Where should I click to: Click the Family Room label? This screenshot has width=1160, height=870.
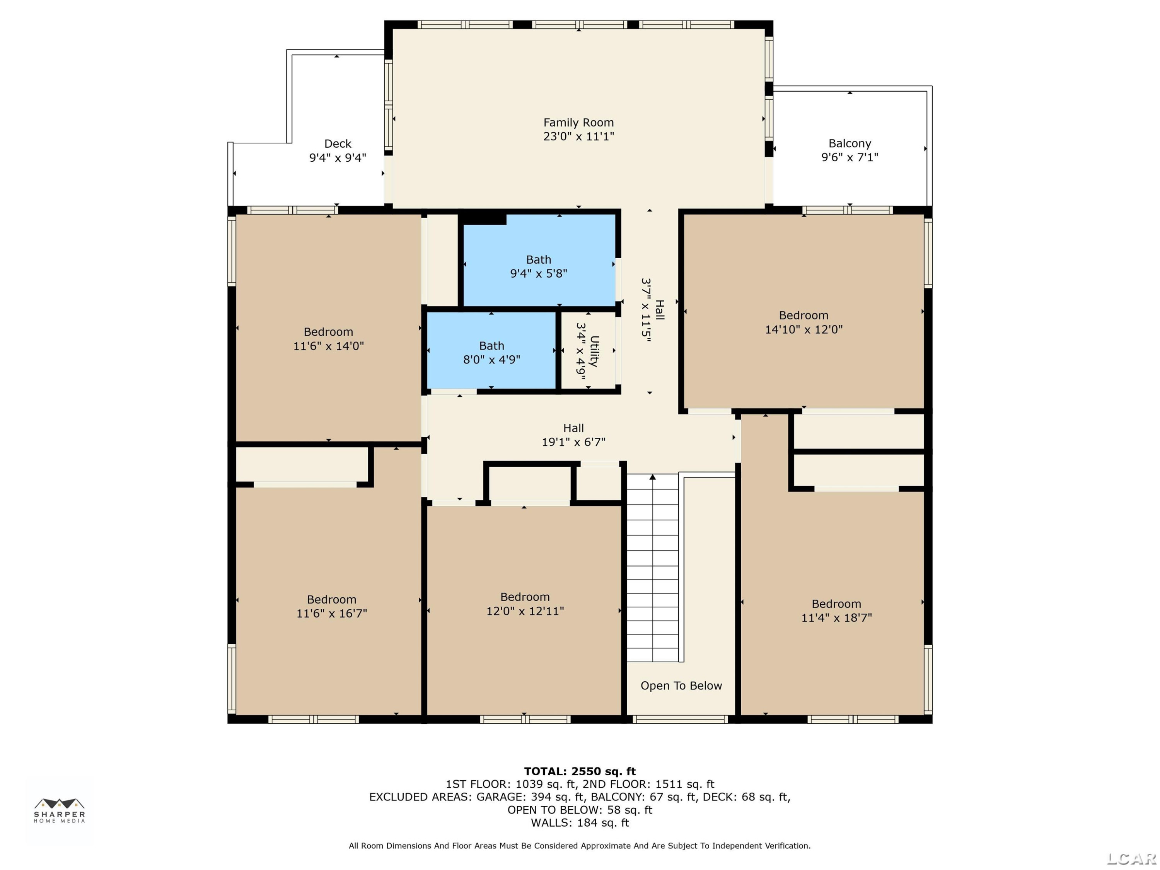pos(578,122)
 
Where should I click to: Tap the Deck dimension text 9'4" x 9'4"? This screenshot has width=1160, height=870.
pos(338,157)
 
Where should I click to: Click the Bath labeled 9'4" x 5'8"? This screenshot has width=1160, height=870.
pos(539,259)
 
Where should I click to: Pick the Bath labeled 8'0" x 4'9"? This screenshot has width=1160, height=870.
pos(491,346)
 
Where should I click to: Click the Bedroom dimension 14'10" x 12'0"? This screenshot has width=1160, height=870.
pos(803,329)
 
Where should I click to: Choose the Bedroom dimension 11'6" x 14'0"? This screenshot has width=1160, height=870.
pos(328,346)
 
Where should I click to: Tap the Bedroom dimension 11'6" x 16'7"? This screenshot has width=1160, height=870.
pos(331,613)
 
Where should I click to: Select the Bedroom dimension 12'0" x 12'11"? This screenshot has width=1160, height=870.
pos(525,611)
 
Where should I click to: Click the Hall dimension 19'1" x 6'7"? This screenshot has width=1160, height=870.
pos(573,442)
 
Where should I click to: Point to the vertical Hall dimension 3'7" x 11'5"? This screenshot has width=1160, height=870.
pos(646,310)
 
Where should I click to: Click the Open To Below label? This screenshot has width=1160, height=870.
pos(681,686)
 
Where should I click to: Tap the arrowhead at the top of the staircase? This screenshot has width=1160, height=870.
pos(652,477)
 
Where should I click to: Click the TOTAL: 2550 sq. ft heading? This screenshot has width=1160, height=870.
pos(580,771)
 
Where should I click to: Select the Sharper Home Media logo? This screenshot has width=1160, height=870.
pos(59,810)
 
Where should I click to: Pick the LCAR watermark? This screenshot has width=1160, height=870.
pos(1131,858)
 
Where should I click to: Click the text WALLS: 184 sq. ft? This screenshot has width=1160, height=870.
pos(580,822)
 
